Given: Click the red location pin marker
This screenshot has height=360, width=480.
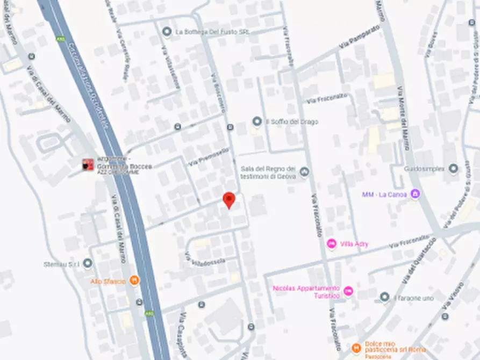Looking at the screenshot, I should (229, 199).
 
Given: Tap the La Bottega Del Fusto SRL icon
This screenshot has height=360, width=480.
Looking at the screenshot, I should (167, 32).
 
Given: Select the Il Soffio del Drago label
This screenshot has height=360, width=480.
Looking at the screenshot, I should (292, 122).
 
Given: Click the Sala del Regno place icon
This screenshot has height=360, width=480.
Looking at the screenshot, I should (305, 172).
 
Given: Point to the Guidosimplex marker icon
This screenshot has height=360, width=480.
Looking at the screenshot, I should (453, 169).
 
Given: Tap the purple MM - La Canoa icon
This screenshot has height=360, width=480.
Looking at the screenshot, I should (414, 193).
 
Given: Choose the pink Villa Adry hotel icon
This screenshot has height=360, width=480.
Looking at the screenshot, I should (332, 244).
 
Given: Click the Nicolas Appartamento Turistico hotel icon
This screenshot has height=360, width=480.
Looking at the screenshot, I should (348, 291).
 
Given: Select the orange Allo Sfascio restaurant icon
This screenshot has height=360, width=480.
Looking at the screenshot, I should (134, 280).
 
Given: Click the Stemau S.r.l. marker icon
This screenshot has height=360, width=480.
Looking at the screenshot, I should (88, 264).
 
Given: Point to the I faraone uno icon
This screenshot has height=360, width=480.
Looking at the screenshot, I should (384, 297).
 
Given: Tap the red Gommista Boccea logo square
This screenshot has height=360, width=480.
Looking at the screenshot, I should (88, 164).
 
